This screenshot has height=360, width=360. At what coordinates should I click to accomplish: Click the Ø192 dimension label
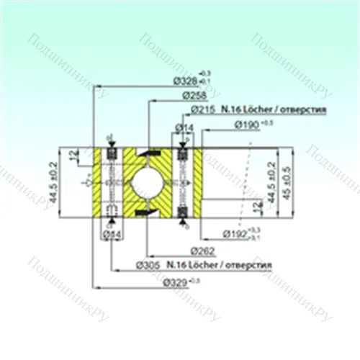coord(235,233)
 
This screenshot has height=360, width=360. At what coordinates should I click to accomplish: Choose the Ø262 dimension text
coord(204,250)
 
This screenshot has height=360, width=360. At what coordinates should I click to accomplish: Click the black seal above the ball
coord(152,153)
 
